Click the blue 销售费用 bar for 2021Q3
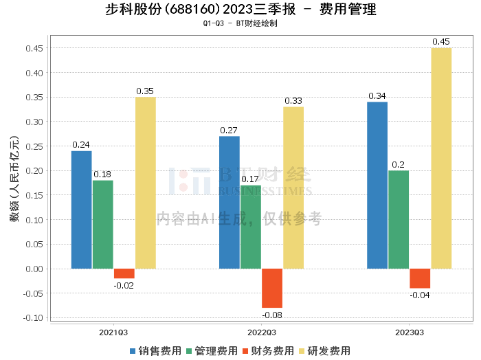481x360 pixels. tap(82, 210)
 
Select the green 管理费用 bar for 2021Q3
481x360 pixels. tap(103, 224)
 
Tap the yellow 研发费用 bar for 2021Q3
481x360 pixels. tap(145, 183)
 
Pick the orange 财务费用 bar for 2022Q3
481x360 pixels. tap(272, 288)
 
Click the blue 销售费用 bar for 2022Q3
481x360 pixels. tap(230, 202)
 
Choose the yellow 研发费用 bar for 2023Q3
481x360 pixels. tap(441, 158)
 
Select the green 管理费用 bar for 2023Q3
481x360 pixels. tap(399, 219)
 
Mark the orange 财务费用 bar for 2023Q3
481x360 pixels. tap(420, 278)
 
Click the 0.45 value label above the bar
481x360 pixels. tap(441, 42)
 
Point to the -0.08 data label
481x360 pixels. tap(272, 315)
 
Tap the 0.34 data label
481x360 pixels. tap(377, 96)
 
